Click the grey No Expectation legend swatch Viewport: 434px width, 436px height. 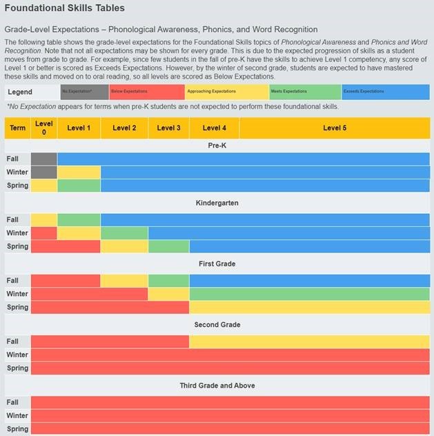(x=84, y=92)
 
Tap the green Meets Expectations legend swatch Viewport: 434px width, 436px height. (x=304, y=92)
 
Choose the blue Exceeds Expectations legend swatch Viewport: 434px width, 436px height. (x=385, y=92)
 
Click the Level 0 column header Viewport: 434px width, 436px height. (x=44, y=128)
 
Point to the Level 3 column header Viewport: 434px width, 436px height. (x=168, y=128)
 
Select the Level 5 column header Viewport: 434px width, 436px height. (x=335, y=128)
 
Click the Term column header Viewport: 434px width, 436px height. (x=17, y=128)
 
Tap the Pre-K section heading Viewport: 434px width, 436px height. (x=217, y=146)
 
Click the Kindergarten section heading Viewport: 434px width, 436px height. (x=217, y=204)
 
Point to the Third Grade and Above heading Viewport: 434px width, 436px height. (x=217, y=386)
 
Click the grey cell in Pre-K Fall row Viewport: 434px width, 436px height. (x=44, y=159)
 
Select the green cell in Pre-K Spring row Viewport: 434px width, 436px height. (x=79, y=186)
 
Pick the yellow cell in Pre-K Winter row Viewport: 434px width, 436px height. (x=79, y=172)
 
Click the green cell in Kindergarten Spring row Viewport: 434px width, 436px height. (x=168, y=246)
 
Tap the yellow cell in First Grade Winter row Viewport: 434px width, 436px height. (x=168, y=294)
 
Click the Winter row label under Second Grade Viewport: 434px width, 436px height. (x=17, y=355)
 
